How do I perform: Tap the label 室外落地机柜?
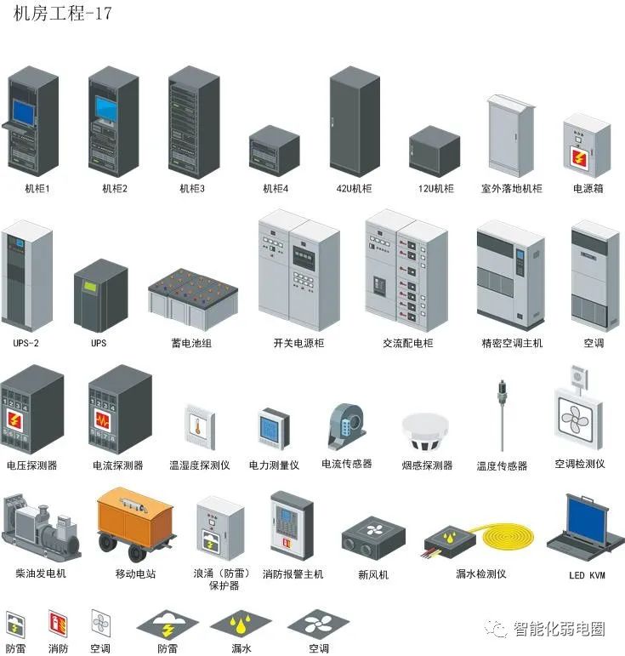511,189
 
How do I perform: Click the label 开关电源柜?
298,343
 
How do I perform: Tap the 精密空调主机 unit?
509,276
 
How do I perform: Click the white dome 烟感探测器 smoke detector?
426,432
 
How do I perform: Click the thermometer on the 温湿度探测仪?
196,425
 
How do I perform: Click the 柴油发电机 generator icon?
40,528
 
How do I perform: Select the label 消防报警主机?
293,574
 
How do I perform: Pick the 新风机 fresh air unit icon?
373,538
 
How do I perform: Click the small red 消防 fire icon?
58,625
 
